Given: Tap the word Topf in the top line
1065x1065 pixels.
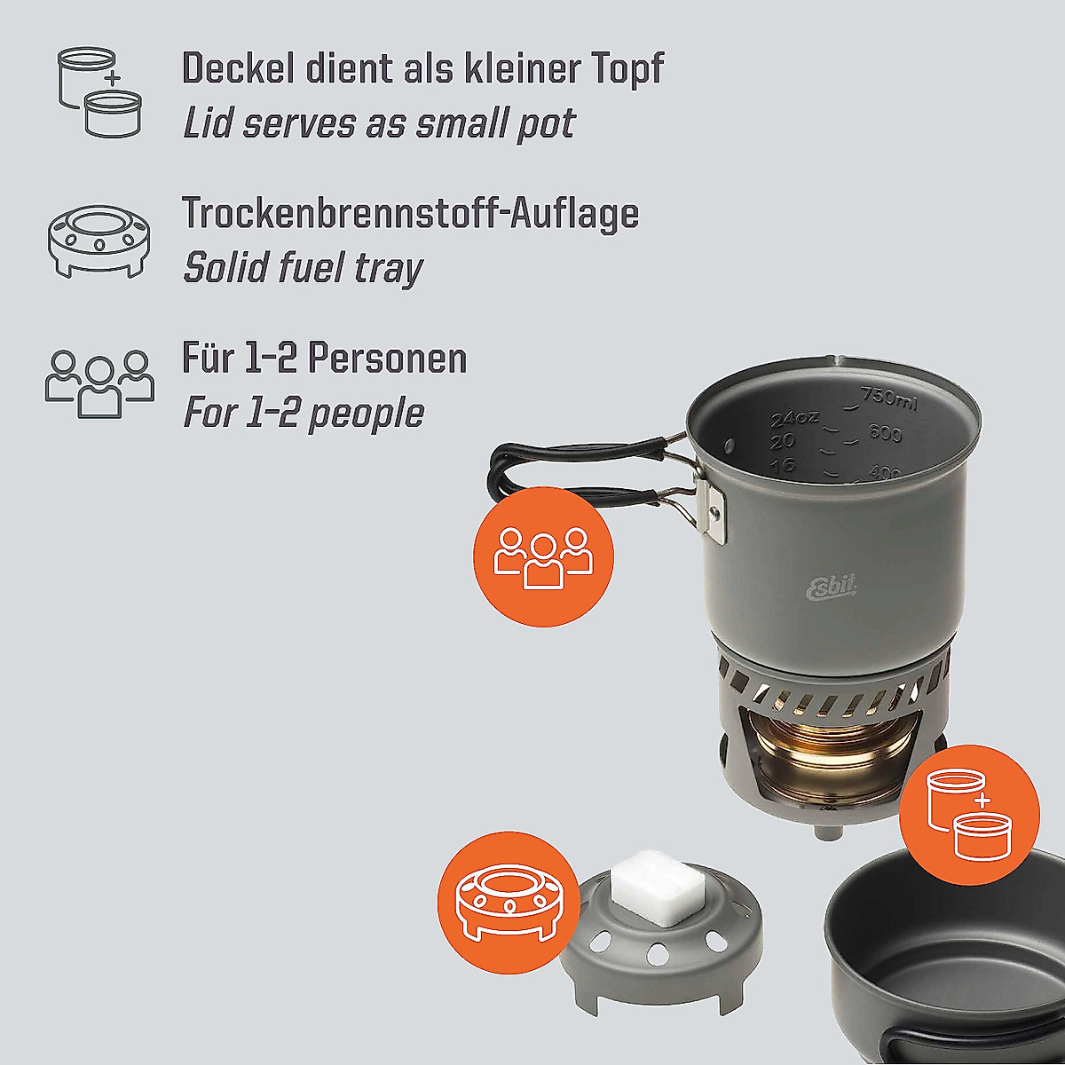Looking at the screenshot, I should coord(626,68).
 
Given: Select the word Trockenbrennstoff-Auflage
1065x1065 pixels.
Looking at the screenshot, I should coord(410,213).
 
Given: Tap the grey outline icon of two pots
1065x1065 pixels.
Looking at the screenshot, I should coord(99,92).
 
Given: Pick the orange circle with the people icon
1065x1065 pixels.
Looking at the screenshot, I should coord(544,556).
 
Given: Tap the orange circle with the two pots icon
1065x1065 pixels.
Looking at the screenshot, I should coord(969,814).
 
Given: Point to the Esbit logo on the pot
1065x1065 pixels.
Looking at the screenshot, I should coord(831,588).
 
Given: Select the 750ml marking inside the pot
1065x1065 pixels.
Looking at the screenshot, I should coord(888,400).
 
